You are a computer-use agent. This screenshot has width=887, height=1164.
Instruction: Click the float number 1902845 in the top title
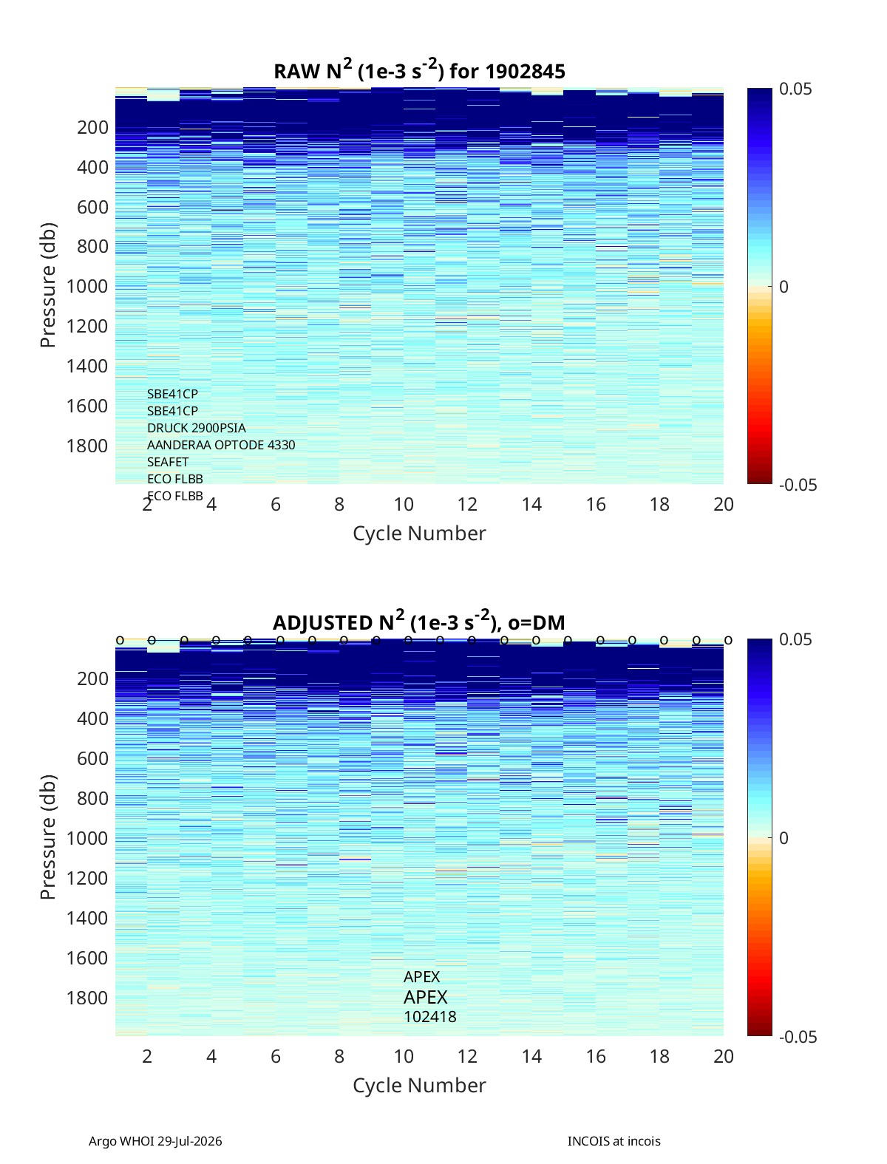[525, 72]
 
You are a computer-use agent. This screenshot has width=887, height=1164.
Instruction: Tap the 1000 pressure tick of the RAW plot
[87, 286]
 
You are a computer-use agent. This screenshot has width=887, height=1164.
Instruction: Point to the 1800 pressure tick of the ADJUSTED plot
[87, 998]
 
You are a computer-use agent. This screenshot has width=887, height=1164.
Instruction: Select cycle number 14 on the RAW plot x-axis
[531, 504]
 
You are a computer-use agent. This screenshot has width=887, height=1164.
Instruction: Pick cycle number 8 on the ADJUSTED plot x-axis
[339, 1056]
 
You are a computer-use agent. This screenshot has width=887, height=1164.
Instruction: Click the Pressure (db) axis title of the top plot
[48, 285]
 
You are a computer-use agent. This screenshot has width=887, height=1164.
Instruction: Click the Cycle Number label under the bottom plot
[419, 1086]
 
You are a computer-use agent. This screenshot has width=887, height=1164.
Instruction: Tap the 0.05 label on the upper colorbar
[795, 89]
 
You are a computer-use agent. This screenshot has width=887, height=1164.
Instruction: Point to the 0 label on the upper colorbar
[784, 287]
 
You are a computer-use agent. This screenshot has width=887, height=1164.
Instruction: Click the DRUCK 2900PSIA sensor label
[196, 428]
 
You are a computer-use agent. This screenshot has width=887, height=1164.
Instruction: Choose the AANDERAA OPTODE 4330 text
[221, 445]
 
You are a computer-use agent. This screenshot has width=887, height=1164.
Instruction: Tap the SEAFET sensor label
[168, 462]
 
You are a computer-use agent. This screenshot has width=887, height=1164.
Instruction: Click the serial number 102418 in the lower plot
[430, 1017]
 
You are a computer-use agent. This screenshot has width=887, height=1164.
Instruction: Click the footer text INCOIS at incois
[614, 1141]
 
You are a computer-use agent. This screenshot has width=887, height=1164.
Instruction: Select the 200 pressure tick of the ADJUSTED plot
[93, 678]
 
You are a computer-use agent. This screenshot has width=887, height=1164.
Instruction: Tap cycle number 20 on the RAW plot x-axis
[723, 504]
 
